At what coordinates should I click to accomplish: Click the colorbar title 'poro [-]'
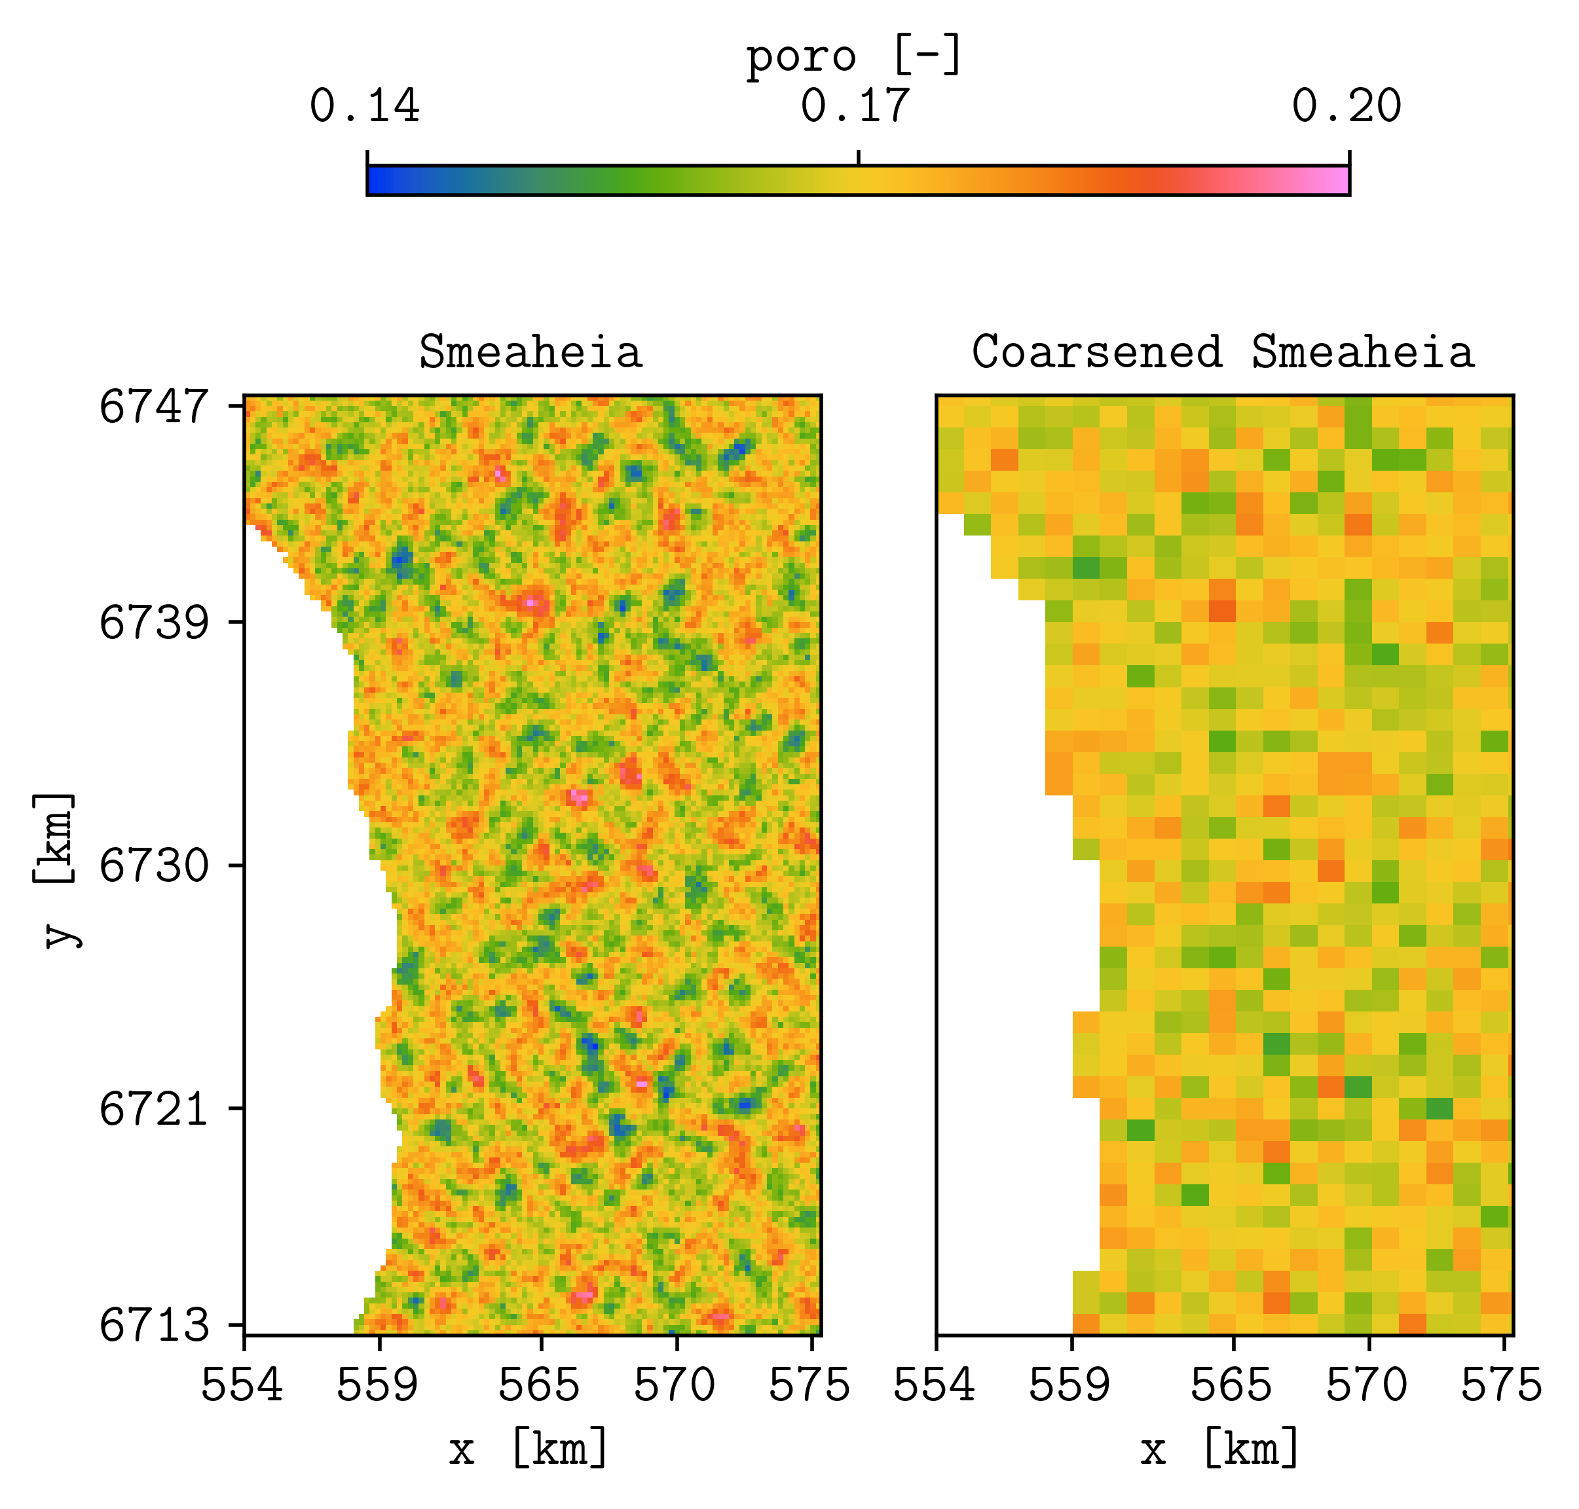tap(854, 56)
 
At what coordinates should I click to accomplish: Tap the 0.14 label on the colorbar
tap(365, 106)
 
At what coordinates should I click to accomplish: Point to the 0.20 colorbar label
tap(1347, 106)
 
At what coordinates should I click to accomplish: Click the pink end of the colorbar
tap(1340, 180)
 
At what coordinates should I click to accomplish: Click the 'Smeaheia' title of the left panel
tap(530, 352)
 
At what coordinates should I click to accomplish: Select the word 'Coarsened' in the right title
tap(1097, 352)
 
